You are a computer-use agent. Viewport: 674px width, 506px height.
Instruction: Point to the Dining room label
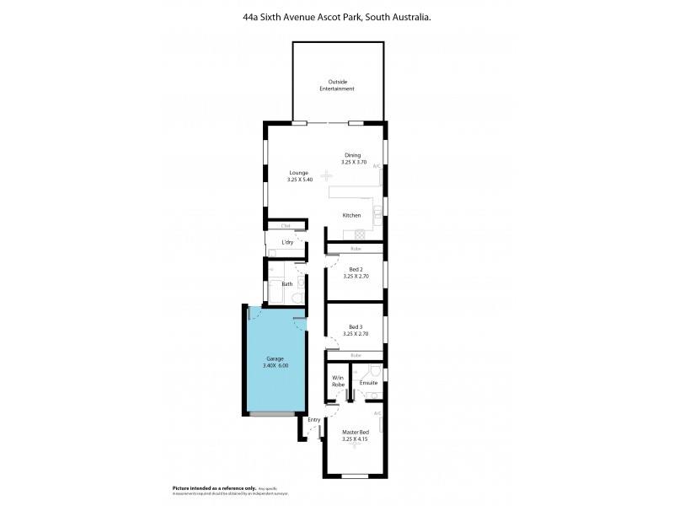[352, 155]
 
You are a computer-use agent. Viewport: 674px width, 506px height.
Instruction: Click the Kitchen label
[351, 215]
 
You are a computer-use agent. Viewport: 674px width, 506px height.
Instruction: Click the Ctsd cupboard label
[286, 225]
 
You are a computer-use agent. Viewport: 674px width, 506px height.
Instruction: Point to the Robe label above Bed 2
[356, 249]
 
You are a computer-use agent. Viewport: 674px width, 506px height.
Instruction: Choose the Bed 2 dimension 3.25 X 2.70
[356, 276]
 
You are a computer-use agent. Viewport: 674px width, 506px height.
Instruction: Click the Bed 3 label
[356, 327]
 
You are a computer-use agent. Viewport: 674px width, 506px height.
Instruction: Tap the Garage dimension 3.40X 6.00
[275, 365]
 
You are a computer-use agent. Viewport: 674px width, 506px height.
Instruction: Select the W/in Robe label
[338, 380]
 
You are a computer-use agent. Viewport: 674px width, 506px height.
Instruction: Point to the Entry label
[313, 420]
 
